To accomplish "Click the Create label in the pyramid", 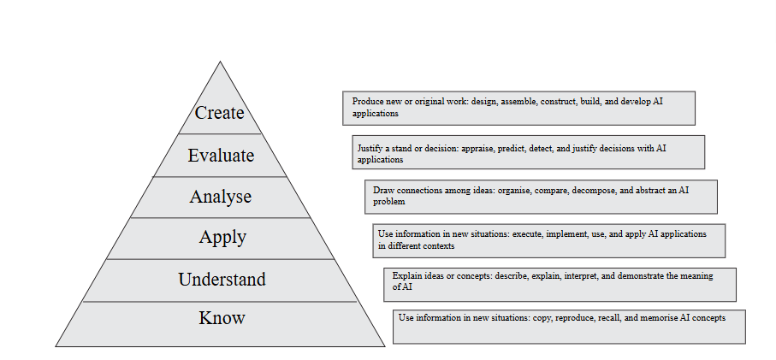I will tap(220, 113).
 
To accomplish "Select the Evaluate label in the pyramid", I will tap(221, 156).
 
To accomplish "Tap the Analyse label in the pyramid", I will tap(221, 197).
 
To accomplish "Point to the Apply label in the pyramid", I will tap(222, 237).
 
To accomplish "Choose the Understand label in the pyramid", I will tap(222, 280).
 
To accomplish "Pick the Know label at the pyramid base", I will tap(222, 318).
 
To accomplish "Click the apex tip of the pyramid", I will tap(220, 63).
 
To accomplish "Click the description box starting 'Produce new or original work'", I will tap(518, 108).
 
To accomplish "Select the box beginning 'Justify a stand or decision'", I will tap(528, 152).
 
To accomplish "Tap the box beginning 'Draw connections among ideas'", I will tap(540, 196).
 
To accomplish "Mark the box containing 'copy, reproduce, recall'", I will tap(569, 327).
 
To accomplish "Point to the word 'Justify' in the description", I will tap(370, 148).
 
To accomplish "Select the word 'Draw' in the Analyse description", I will tap(382, 189).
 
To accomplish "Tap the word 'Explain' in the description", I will tap(406, 275).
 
